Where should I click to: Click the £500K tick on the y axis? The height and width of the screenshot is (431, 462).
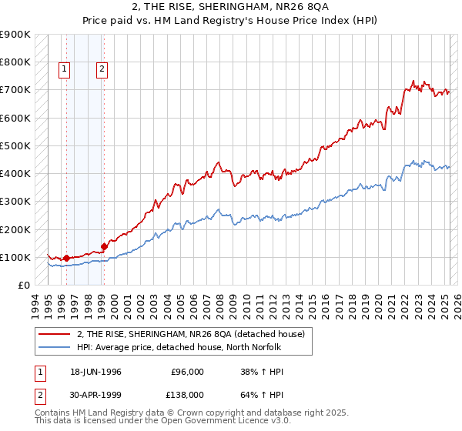click(x=15, y=145)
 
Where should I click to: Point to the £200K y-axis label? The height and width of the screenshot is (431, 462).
click(x=15, y=229)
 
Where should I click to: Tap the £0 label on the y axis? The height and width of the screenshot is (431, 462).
click(x=23, y=286)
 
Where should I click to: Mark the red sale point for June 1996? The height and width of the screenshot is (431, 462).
click(x=66, y=259)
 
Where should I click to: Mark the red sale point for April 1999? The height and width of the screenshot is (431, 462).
click(x=104, y=247)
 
